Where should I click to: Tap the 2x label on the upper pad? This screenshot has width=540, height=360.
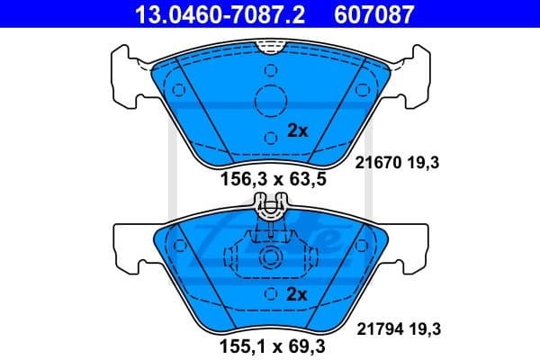pos(297,130)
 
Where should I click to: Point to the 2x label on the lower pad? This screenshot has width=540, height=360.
pos(297,294)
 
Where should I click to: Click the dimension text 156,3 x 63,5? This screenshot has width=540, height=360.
pos(273,179)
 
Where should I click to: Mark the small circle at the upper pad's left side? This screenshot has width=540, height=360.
pos(178,90)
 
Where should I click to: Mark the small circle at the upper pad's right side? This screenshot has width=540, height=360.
pos(363,90)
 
